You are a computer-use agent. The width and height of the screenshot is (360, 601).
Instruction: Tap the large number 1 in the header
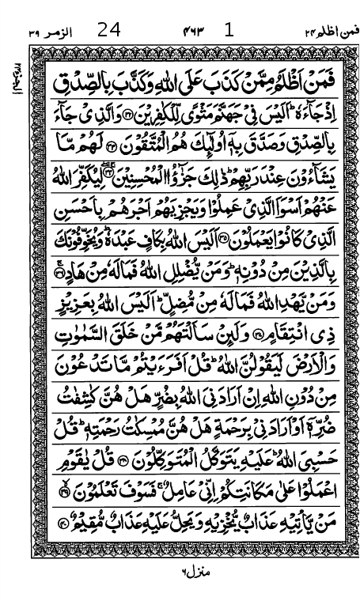pyautogui.click(x=229, y=32)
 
